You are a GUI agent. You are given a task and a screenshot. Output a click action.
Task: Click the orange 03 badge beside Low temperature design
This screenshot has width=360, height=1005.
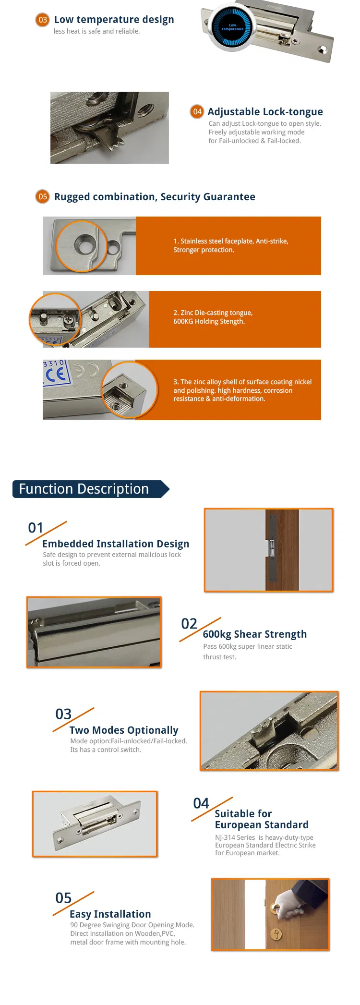coord(43,20)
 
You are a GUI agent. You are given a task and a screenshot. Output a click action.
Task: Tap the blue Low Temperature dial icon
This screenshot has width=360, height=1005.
coord(232,27)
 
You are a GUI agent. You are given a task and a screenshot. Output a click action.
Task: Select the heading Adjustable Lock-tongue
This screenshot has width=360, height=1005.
coord(265,112)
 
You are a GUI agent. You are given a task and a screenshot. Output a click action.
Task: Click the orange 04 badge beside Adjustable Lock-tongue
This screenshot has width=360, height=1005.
coord(197,111)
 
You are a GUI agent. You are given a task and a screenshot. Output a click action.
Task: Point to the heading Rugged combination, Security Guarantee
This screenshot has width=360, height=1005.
coord(155,197)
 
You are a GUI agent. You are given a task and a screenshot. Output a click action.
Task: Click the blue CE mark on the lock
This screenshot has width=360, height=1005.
coord(56,375)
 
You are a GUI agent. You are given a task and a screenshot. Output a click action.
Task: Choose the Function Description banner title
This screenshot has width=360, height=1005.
coord(84,489)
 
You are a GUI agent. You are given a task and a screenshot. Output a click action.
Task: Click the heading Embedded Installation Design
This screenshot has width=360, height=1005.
coord(116,544)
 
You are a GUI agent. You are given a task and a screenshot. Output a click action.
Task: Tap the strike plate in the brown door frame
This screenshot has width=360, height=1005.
coord(272,548)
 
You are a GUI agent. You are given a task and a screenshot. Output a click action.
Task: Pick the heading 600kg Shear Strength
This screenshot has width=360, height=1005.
coord(254,634)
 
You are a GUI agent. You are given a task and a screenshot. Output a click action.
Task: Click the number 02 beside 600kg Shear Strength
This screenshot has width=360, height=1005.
coord(189,624)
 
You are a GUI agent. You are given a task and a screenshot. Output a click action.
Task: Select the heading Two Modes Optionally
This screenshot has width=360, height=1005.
coord(124,730)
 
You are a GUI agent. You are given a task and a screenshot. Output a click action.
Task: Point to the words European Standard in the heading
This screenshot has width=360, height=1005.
coord(262,824)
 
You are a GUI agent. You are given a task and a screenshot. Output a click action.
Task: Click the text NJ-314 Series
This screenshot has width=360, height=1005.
coord(235,837)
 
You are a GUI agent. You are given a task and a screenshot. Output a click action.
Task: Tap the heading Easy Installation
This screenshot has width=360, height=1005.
coord(110,914)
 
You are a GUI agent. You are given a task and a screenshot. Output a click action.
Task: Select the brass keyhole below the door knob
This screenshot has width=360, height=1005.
coord(276,934)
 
